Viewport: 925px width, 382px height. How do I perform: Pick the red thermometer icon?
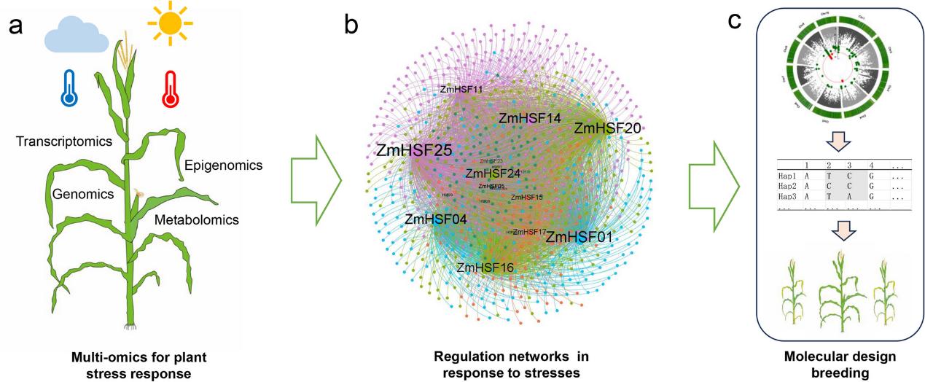tap(169, 90)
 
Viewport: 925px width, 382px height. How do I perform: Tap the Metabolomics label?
tap(201, 218)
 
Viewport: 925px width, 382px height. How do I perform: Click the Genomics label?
tap(82, 194)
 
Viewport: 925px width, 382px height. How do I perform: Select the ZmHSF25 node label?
tap(415, 152)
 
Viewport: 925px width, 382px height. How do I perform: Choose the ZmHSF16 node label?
tap(485, 268)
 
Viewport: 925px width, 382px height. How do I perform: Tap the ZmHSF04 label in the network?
tap(436, 218)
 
